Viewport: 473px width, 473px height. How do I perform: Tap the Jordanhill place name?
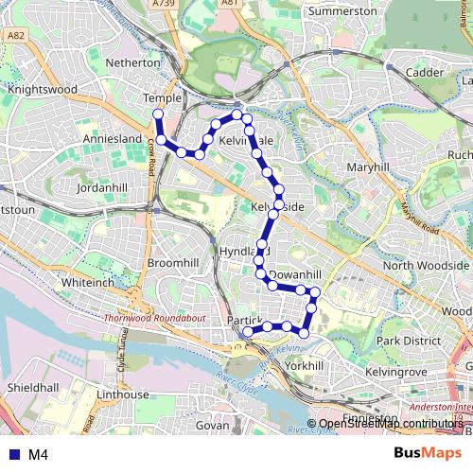(x=103, y=188)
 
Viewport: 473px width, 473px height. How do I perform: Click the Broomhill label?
(x=173, y=262)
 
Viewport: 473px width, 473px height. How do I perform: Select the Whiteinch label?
(x=87, y=283)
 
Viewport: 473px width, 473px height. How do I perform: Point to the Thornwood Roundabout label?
(x=154, y=321)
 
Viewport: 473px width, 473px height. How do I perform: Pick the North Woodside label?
(x=425, y=266)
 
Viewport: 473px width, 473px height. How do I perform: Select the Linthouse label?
(x=125, y=394)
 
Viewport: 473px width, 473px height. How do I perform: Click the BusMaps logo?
(x=422, y=454)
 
